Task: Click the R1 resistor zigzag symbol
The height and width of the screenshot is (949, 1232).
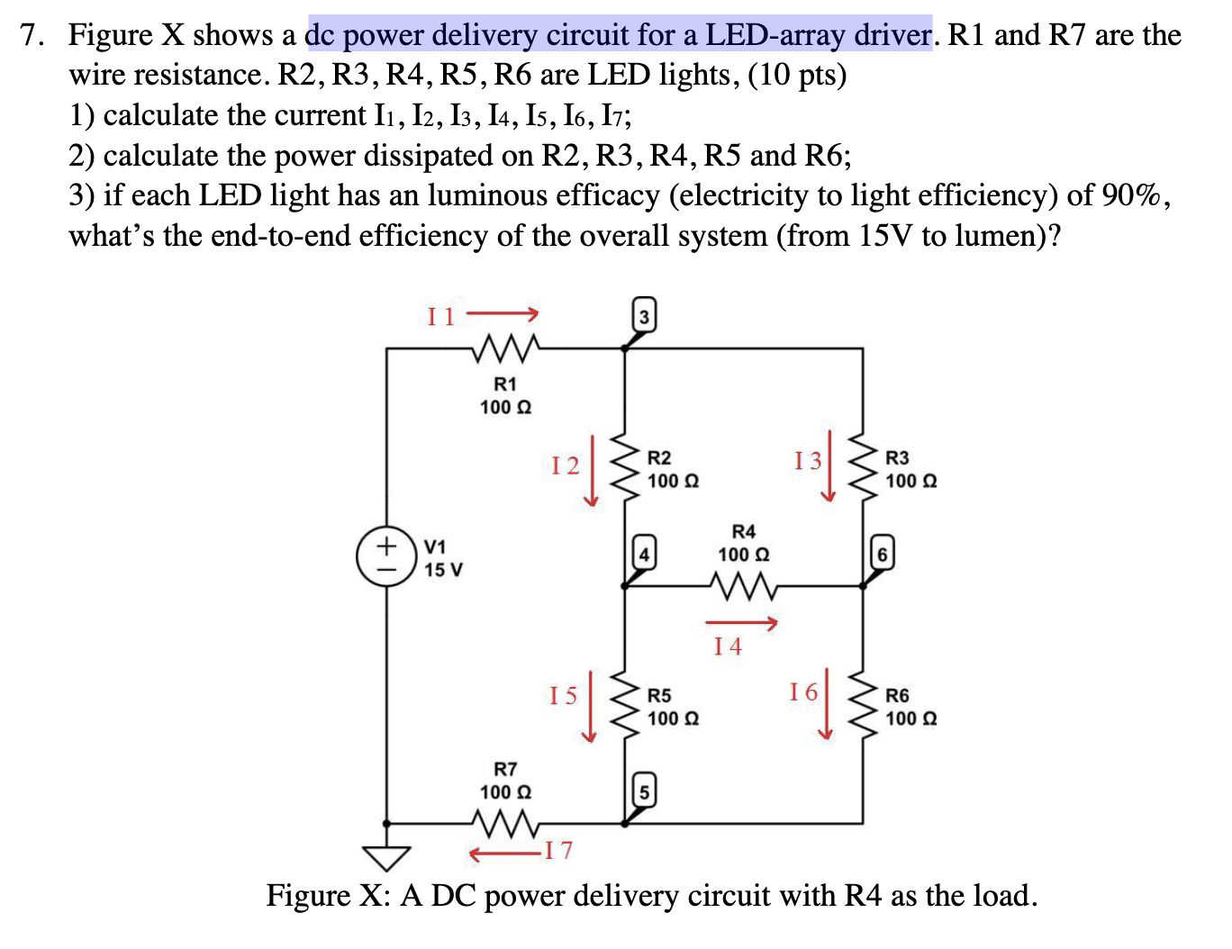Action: click(506, 347)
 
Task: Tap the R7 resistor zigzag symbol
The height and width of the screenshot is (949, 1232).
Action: click(506, 822)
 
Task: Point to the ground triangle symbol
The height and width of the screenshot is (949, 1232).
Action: click(386, 858)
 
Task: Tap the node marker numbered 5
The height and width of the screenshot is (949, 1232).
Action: click(644, 791)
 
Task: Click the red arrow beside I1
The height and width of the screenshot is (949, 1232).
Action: click(502, 314)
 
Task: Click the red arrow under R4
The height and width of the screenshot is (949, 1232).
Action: click(740, 622)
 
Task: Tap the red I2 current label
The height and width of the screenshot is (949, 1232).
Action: click(566, 465)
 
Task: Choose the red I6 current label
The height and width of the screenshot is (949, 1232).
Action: click(803, 691)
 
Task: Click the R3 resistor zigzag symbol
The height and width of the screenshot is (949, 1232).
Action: click(864, 469)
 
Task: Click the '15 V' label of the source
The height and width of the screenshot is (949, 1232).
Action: click(443, 570)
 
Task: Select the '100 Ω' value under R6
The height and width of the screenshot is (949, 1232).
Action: click(910, 719)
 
